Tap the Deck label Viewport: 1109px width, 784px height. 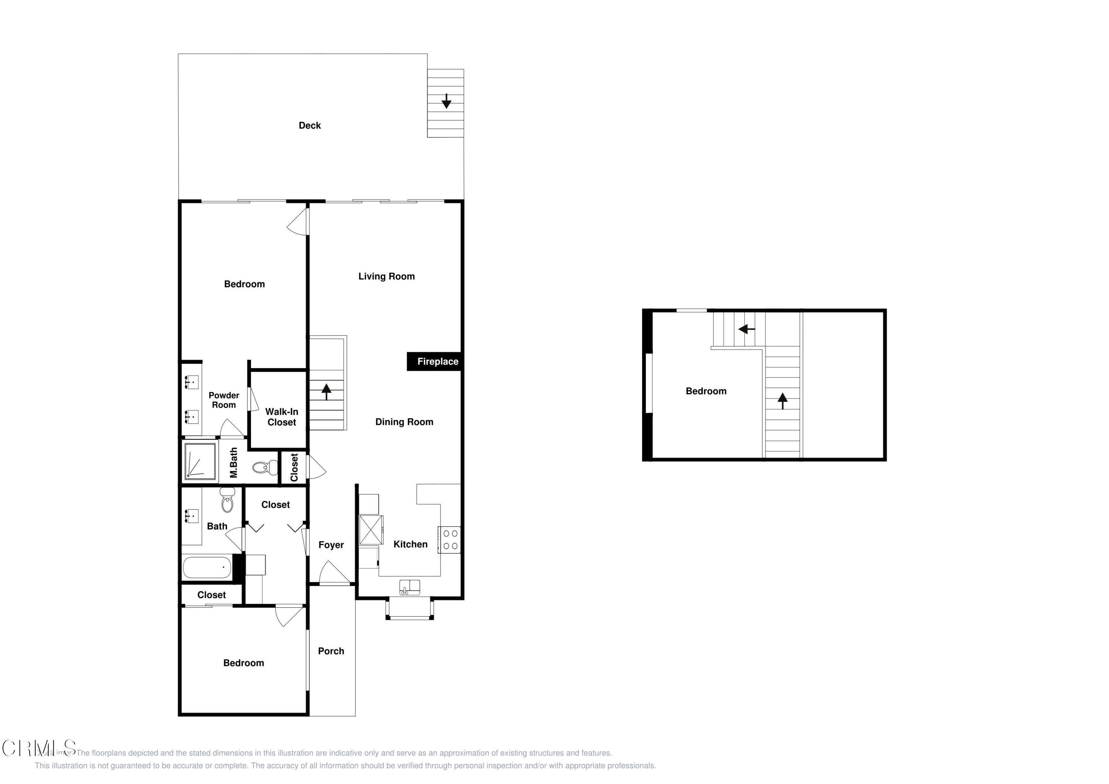pos(310,126)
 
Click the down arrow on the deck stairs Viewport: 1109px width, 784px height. pos(446,101)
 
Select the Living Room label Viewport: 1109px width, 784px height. pos(386,276)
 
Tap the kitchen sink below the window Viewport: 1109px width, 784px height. pos(410,587)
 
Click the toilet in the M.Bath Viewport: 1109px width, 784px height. pos(265,468)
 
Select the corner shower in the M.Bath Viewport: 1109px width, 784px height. pos(200,461)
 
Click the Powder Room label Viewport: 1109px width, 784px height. pos(224,400)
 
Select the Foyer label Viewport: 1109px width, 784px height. pos(331,545)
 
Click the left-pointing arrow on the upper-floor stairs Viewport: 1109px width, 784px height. pos(746,329)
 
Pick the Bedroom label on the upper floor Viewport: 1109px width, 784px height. pos(706,391)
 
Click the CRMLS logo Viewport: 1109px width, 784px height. pos(39,748)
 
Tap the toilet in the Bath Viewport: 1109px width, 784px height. pos(227,501)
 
